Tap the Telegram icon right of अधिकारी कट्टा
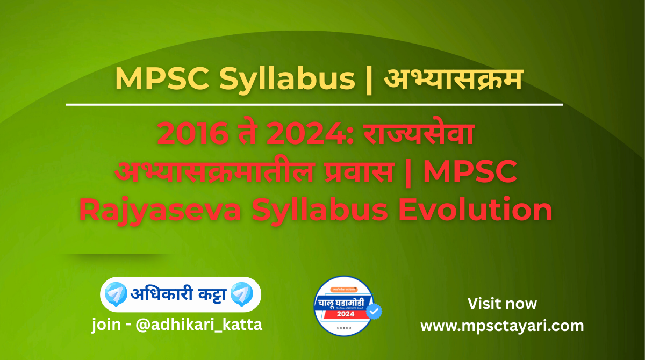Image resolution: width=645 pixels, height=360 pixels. (x=241, y=293)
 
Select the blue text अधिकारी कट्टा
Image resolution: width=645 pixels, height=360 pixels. (x=178, y=294)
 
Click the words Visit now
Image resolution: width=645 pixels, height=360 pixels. (x=502, y=304)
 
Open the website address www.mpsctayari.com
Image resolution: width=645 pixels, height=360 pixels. (x=502, y=326)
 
